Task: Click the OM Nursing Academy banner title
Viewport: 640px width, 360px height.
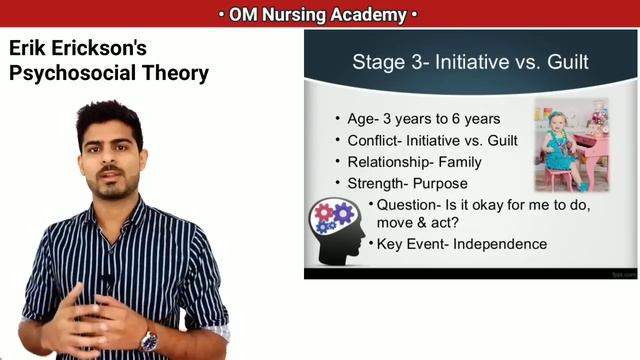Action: tap(319, 14)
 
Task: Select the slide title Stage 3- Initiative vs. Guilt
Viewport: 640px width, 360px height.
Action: tap(470, 63)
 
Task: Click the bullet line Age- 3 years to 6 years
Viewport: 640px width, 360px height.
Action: tap(423, 119)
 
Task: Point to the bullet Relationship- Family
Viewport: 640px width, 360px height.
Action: tap(414, 162)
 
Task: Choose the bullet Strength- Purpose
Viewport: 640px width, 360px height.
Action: tap(407, 184)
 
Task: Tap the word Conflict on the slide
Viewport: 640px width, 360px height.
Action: tap(375, 140)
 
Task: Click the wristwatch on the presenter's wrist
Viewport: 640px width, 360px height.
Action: tap(149, 340)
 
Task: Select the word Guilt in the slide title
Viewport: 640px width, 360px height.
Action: tap(565, 63)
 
